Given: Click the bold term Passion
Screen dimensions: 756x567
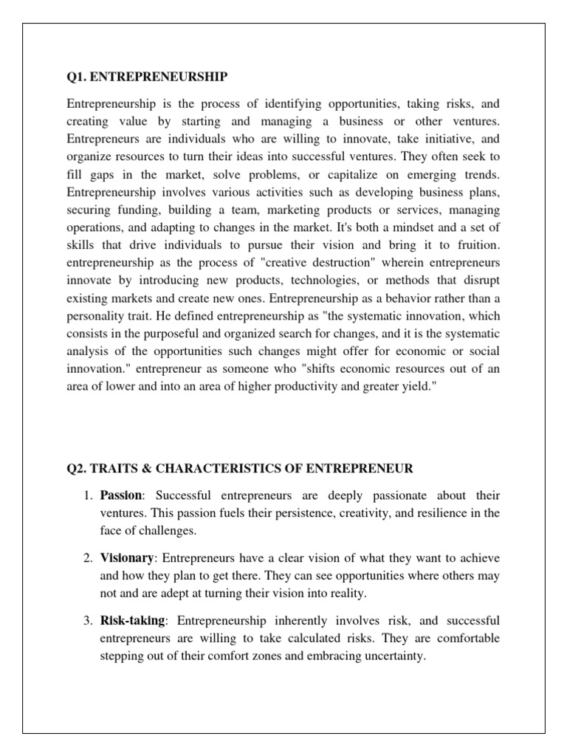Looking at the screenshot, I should click(x=119, y=495).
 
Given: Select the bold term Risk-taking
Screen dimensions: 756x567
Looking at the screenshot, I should click(x=131, y=621).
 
